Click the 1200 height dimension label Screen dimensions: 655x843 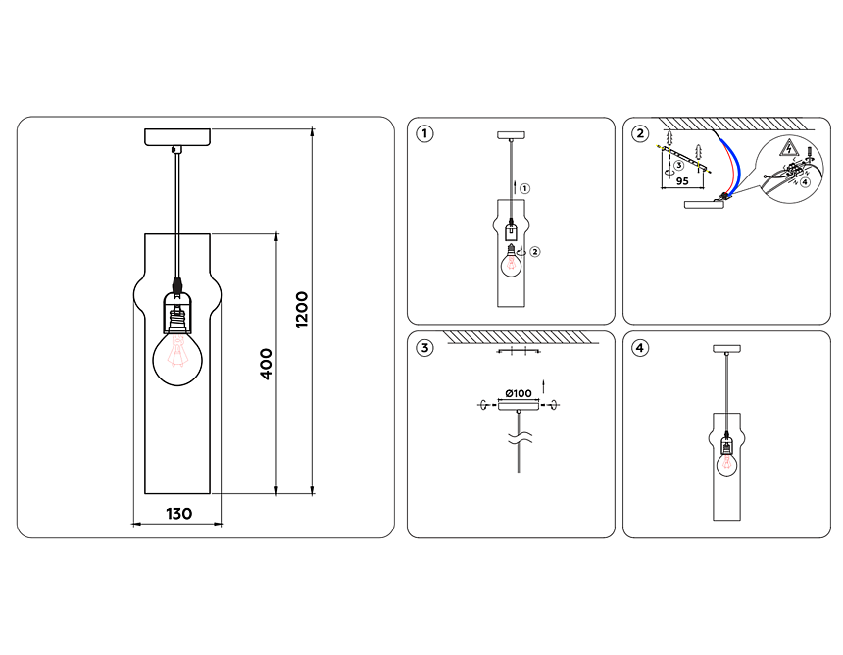(x=302, y=310)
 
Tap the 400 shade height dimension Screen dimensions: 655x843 (x=266, y=365)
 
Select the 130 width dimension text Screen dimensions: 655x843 (x=178, y=513)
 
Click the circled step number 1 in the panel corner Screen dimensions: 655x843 (x=423, y=134)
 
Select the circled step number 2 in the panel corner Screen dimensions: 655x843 (x=639, y=134)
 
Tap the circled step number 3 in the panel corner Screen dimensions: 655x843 (x=423, y=348)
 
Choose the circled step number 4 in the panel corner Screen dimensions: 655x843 (x=639, y=348)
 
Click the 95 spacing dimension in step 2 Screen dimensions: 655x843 (x=683, y=181)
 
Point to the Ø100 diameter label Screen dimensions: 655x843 (x=518, y=393)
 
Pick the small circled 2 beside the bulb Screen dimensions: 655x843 (x=535, y=252)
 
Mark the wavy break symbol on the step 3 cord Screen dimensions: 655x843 (x=519, y=438)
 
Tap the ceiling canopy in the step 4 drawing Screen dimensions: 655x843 (x=726, y=348)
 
